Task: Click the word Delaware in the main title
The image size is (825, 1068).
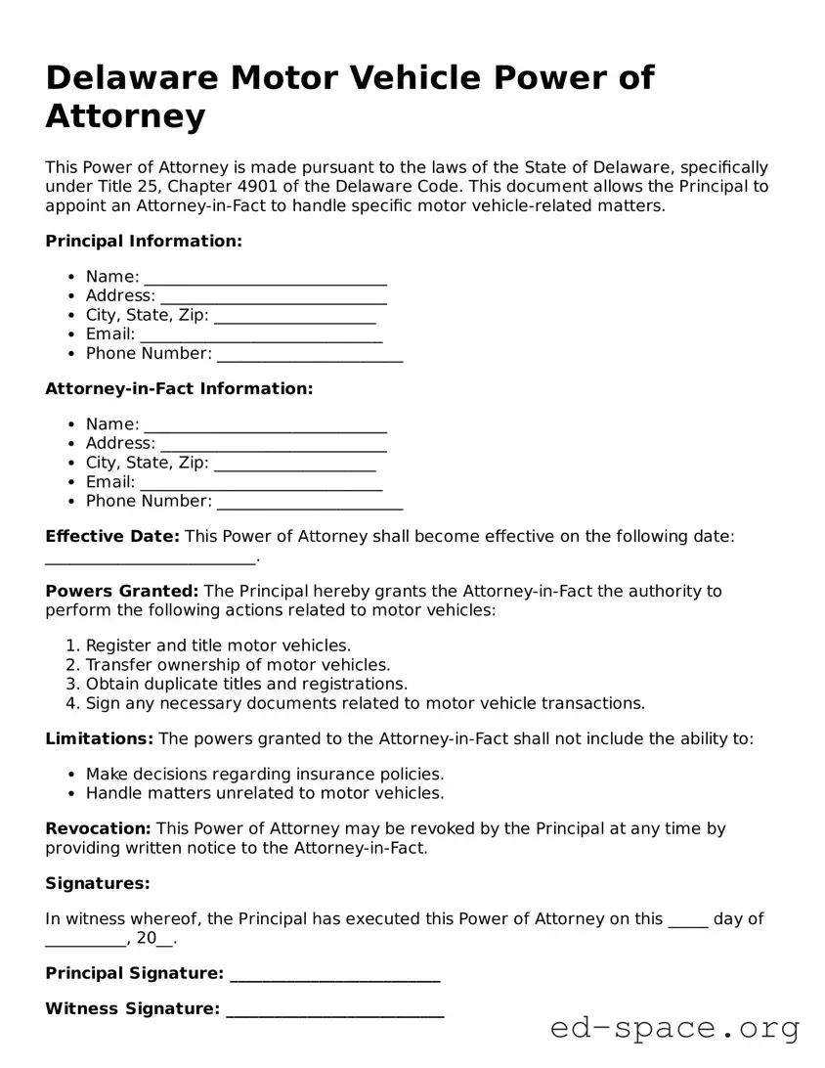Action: (x=134, y=77)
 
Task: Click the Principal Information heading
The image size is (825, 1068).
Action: (x=144, y=241)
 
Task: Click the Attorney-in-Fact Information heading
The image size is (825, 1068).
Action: (x=179, y=388)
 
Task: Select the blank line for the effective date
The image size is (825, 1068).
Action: (x=151, y=558)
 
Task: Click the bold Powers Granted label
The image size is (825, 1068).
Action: (x=122, y=591)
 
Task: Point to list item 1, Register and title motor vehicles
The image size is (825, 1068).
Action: (x=218, y=645)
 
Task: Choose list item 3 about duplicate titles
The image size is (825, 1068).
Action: (x=246, y=684)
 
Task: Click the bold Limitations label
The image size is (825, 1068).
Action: (x=100, y=738)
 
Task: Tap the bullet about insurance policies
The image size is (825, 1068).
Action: (x=265, y=774)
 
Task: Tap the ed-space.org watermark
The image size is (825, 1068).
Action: (x=674, y=1028)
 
